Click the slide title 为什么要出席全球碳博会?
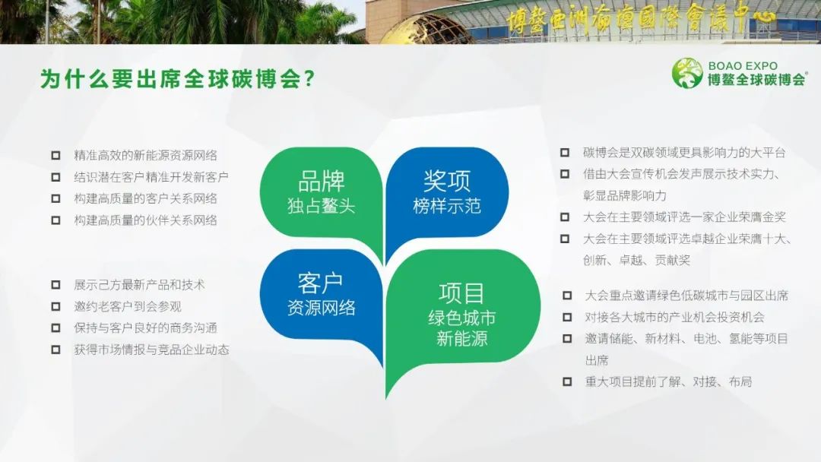click(177, 79)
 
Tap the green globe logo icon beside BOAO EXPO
click(687, 73)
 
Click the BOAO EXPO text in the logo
click(743, 66)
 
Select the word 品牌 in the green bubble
click(322, 181)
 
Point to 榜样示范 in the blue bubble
click(447, 206)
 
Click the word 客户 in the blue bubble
click(321, 283)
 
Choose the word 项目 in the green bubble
click(461, 293)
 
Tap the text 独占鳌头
click(322, 206)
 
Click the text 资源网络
click(321, 307)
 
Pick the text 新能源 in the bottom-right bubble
click(462, 338)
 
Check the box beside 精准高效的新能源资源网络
click(55, 156)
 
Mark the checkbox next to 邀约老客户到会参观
click(55, 306)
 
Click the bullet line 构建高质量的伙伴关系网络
click(145, 220)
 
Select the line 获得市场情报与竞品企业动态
click(151, 350)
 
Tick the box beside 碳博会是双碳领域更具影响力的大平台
click(564, 153)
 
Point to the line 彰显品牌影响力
click(625, 196)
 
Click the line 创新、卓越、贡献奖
click(637, 260)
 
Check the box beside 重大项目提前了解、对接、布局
click(567, 381)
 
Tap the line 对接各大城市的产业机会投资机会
click(675, 317)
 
